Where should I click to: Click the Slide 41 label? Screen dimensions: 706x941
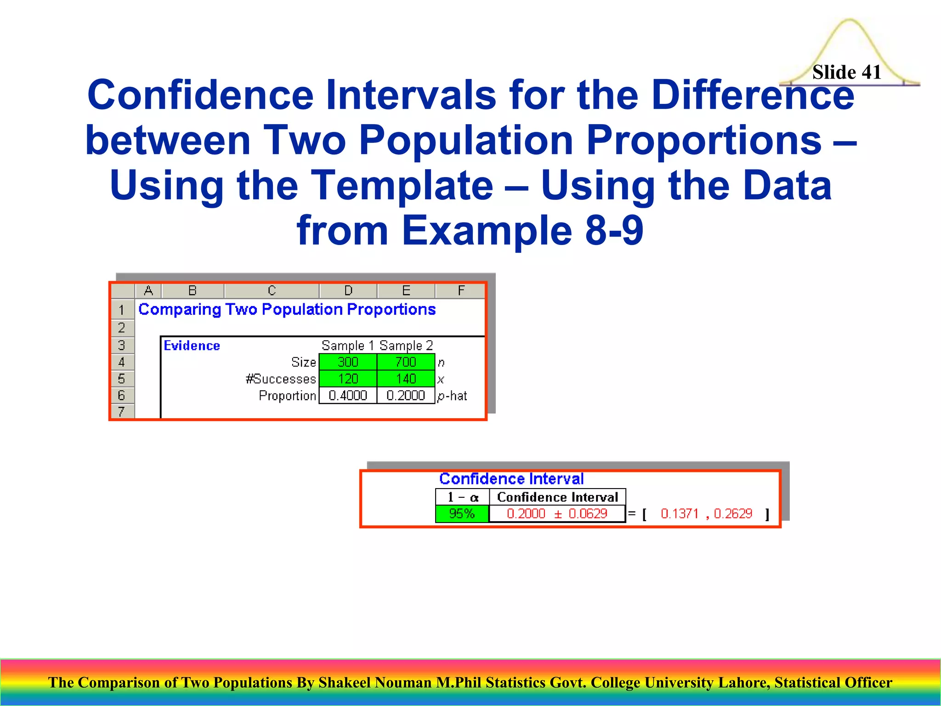point(846,72)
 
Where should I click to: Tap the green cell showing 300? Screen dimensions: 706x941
point(348,362)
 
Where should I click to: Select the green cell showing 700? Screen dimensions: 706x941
point(406,362)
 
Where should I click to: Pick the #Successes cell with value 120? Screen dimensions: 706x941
point(348,379)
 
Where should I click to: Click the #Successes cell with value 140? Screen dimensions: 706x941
point(406,379)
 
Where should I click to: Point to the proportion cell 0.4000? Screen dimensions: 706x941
point(348,395)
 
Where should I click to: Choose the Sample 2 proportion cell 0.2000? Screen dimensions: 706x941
point(406,395)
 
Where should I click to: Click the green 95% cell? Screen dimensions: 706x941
point(462,513)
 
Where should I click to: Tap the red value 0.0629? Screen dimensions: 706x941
point(588,513)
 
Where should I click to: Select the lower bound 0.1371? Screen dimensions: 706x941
point(679,513)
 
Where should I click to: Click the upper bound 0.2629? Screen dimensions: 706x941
point(733,513)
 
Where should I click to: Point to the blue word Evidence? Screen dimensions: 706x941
point(192,346)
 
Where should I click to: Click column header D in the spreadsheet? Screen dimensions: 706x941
point(348,290)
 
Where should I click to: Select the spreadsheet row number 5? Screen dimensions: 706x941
point(122,379)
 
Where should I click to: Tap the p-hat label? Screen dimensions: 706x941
point(452,396)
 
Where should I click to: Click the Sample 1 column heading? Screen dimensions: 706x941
point(347,345)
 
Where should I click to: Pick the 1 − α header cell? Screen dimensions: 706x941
point(463,497)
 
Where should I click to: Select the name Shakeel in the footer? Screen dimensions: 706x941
point(345,683)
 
